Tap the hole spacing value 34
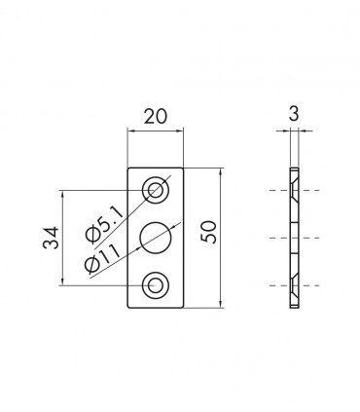tap(52, 238)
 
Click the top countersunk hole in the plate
tap(156, 189)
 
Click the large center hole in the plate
tap(156, 238)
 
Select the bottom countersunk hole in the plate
tap(156, 285)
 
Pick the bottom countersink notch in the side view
tap(295, 285)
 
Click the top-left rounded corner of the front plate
tap(130, 169)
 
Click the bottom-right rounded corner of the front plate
tap(182, 306)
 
